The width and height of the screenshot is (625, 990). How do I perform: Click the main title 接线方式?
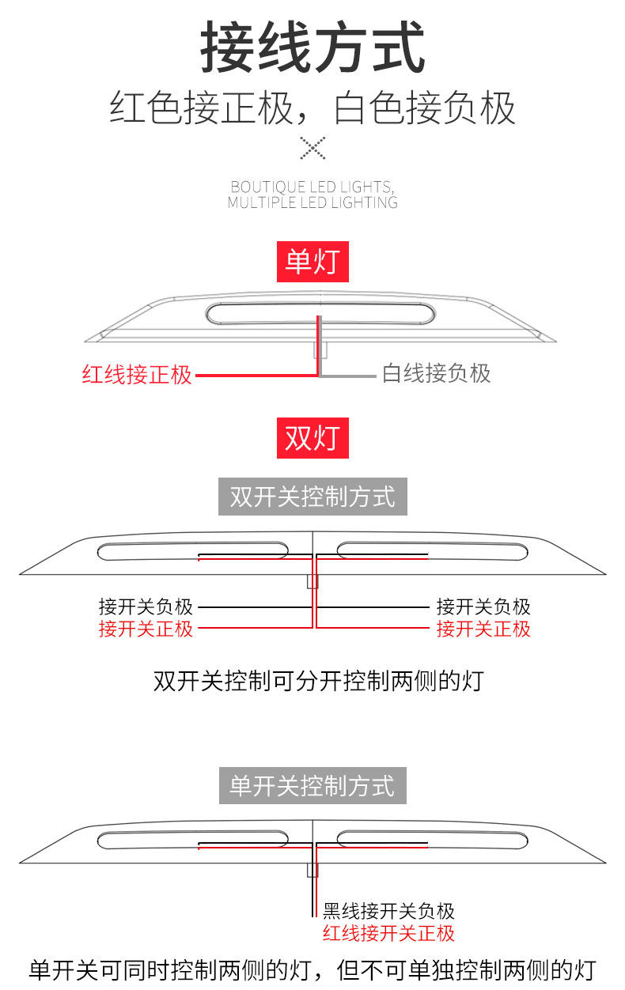point(312,49)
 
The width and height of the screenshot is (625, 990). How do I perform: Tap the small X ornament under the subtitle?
point(312,147)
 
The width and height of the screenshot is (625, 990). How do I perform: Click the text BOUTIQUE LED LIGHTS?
point(312,187)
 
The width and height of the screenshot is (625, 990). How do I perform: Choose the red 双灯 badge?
point(312,436)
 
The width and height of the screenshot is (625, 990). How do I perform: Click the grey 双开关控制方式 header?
point(312,497)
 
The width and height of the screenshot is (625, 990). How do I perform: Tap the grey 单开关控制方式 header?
point(312,786)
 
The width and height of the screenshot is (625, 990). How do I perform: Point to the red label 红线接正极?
point(137,374)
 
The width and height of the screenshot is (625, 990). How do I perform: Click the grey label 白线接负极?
point(437,373)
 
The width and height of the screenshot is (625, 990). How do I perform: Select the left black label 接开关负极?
point(146,607)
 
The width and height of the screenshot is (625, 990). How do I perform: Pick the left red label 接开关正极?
point(146,629)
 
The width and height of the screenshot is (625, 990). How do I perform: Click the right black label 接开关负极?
point(483,607)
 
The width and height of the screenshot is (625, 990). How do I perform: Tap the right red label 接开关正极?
point(483,629)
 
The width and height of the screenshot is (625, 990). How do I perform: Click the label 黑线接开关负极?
point(388,912)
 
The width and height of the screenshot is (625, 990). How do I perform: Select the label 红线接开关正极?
point(388,933)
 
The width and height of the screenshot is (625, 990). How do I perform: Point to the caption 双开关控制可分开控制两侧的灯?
point(318,681)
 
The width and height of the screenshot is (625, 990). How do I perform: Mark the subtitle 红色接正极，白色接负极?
point(312,109)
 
